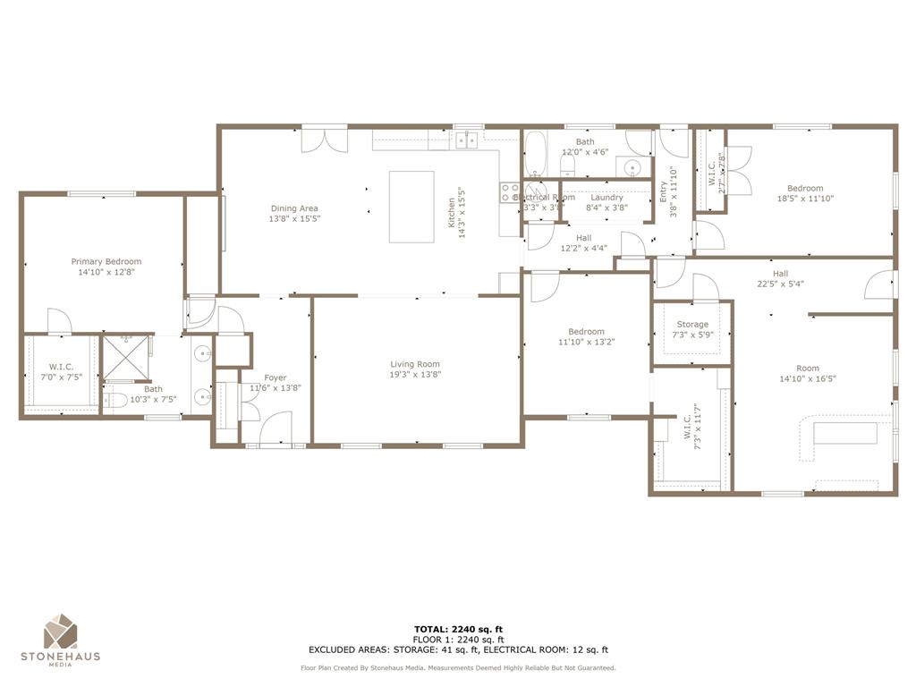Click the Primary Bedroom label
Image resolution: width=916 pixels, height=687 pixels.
point(106,262)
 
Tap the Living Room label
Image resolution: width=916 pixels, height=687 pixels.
point(415,364)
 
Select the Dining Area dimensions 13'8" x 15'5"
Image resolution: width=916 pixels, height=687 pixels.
point(294,218)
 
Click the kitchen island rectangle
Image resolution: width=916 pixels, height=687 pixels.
point(411,207)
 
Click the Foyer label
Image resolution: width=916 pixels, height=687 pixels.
point(276,377)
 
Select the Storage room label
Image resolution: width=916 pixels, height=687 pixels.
point(692,325)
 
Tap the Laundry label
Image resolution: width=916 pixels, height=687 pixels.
point(606,198)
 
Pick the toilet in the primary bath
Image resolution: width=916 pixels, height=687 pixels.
point(112,401)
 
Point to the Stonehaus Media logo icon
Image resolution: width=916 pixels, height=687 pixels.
point(61,632)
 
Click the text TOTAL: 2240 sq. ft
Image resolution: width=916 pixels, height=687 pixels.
point(458,629)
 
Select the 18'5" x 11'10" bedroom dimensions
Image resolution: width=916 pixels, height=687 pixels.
point(805,199)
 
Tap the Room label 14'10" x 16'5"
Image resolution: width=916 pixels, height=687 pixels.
point(807,368)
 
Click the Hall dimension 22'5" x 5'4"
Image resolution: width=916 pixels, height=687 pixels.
point(780,284)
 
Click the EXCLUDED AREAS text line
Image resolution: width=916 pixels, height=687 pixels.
point(458,650)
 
